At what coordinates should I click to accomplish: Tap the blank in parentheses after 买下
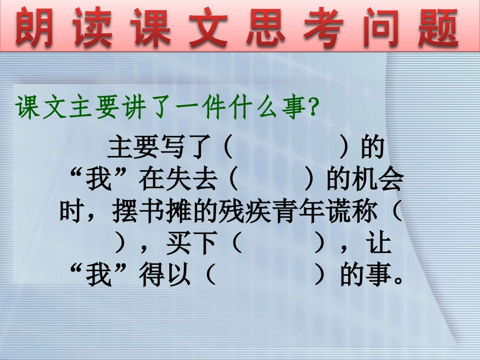point(277,244)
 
